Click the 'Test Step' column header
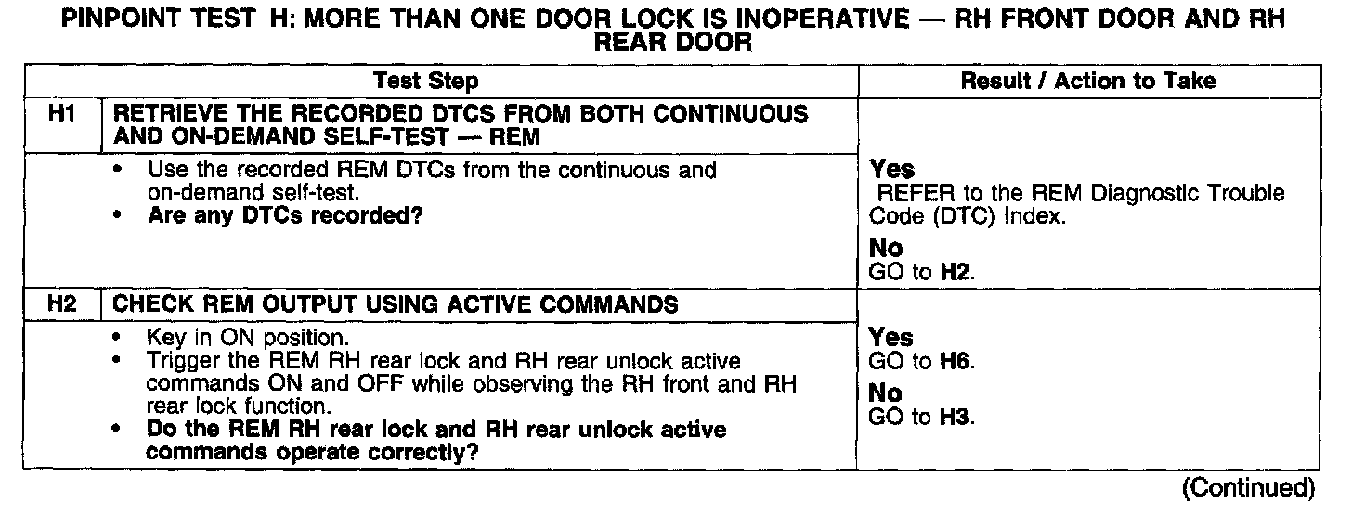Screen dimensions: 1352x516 (x=426, y=82)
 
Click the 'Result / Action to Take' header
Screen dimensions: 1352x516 (x=1087, y=82)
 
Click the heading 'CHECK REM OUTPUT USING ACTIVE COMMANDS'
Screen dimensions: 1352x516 (x=395, y=304)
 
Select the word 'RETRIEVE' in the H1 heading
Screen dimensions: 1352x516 (x=164, y=114)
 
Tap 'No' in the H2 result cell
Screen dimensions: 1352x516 (x=885, y=393)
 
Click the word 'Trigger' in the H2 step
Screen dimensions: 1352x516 (x=179, y=358)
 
